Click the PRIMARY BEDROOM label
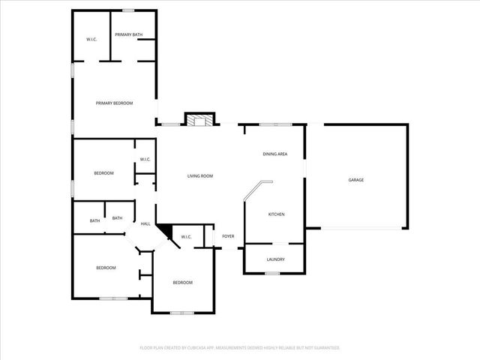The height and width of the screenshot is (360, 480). pyautogui.click(x=114, y=103)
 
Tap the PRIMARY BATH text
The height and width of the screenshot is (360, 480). pyautogui.click(x=128, y=34)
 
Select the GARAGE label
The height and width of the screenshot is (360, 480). pyautogui.click(x=355, y=180)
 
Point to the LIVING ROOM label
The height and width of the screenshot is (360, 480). pyautogui.click(x=200, y=176)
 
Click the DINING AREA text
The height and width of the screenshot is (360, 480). pyautogui.click(x=274, y=154)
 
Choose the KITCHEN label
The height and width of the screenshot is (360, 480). pyautogui.click(x=276, y=214)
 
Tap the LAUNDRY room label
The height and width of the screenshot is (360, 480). pyautogui.click(x=275, y=259)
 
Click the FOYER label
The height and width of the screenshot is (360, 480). pyautogui.click(x=228, y=237)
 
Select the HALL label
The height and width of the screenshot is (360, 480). pyautogui.click(x=145, y=223)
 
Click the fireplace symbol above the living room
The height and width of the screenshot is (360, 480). pyautogui.click(x=199, y=120)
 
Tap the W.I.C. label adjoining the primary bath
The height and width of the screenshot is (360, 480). pyautogui.click(x=91, y=39)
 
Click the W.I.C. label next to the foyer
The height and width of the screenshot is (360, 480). pyautogui.click(x=187, y=238)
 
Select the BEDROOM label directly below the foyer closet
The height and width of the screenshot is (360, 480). pyautogui.click(x=183, y=283)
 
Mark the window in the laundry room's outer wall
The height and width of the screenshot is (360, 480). pyautogui.click(x=272, y=274)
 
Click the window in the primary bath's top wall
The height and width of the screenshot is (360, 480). pyautogui.click(x=128, y=10)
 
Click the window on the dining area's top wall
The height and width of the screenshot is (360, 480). pyautogui.click(x=274, y=124)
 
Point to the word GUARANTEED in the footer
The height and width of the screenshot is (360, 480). pyautogui.click(x=325, y=348)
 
